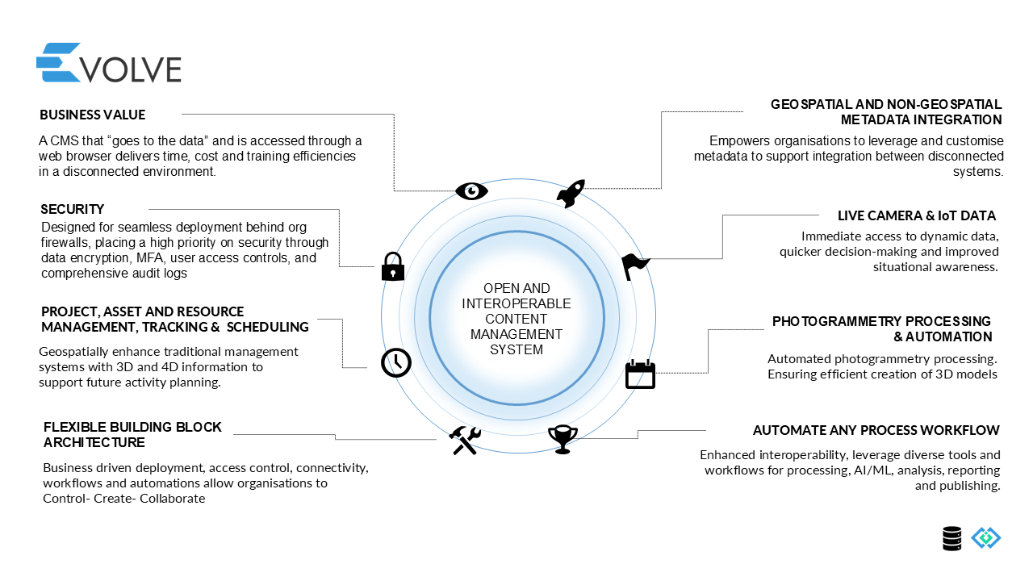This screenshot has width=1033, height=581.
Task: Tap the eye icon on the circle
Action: point(471,190)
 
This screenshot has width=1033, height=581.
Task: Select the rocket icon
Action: point(571,194)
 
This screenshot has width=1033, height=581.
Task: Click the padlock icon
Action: point(393,266)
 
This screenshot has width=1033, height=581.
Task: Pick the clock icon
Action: point(395,362)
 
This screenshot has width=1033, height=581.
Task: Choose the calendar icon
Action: point(641,374)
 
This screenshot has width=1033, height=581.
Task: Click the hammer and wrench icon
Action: point(466,440)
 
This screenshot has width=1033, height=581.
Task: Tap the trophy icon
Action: point(563,439)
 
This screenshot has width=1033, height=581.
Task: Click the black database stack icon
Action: point(952,538)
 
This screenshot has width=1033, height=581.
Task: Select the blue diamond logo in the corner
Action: point(985,537)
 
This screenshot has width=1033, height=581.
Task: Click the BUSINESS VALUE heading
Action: point(93,115)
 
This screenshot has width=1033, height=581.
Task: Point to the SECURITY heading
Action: point(73,209)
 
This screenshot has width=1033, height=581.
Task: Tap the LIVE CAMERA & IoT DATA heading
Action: point(917,215)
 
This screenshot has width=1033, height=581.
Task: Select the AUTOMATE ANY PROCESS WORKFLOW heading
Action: point(876,430)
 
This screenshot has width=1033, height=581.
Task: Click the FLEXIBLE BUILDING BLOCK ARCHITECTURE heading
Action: point(132,435)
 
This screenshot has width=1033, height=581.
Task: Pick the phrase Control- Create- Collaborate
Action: point(124,499)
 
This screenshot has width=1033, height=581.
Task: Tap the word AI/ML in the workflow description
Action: point(873,470)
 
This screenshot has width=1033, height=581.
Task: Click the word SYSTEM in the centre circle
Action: point(516,349)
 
